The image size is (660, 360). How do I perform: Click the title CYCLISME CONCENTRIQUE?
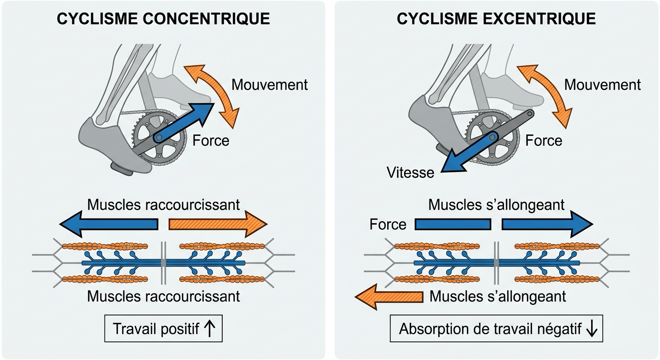pyautogui.click(x=163, y=19)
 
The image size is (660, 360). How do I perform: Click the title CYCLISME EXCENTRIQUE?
pyautogui.click(x=496, y=19)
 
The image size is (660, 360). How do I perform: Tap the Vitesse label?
pyautogui.click(x=410, y=172)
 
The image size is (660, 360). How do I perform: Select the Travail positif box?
pyautogui.click(x=163, y=330)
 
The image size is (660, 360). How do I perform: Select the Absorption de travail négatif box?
pyautogui.click(x=496, y=330)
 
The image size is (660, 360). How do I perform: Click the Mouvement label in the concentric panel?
pyautogui.click(x=270, y=85)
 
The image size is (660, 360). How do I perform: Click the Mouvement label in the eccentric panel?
pyautogui.click(x=602, y=85)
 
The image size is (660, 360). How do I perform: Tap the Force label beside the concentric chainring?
pyautogui.click(x=210, y=140)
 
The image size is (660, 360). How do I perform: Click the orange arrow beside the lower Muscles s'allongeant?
pyautogui.click(x=389, y=298)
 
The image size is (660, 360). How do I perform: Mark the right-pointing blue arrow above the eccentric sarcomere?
pyautogui.click(x=547, y=225)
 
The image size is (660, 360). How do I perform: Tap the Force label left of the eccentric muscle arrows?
pyautogui.click(x=388, y=225)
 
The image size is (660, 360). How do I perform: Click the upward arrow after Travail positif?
pyautogui.click(x=210, y=330)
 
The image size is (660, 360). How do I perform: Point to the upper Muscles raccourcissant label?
pyautogui.click(x=163, y=205)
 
